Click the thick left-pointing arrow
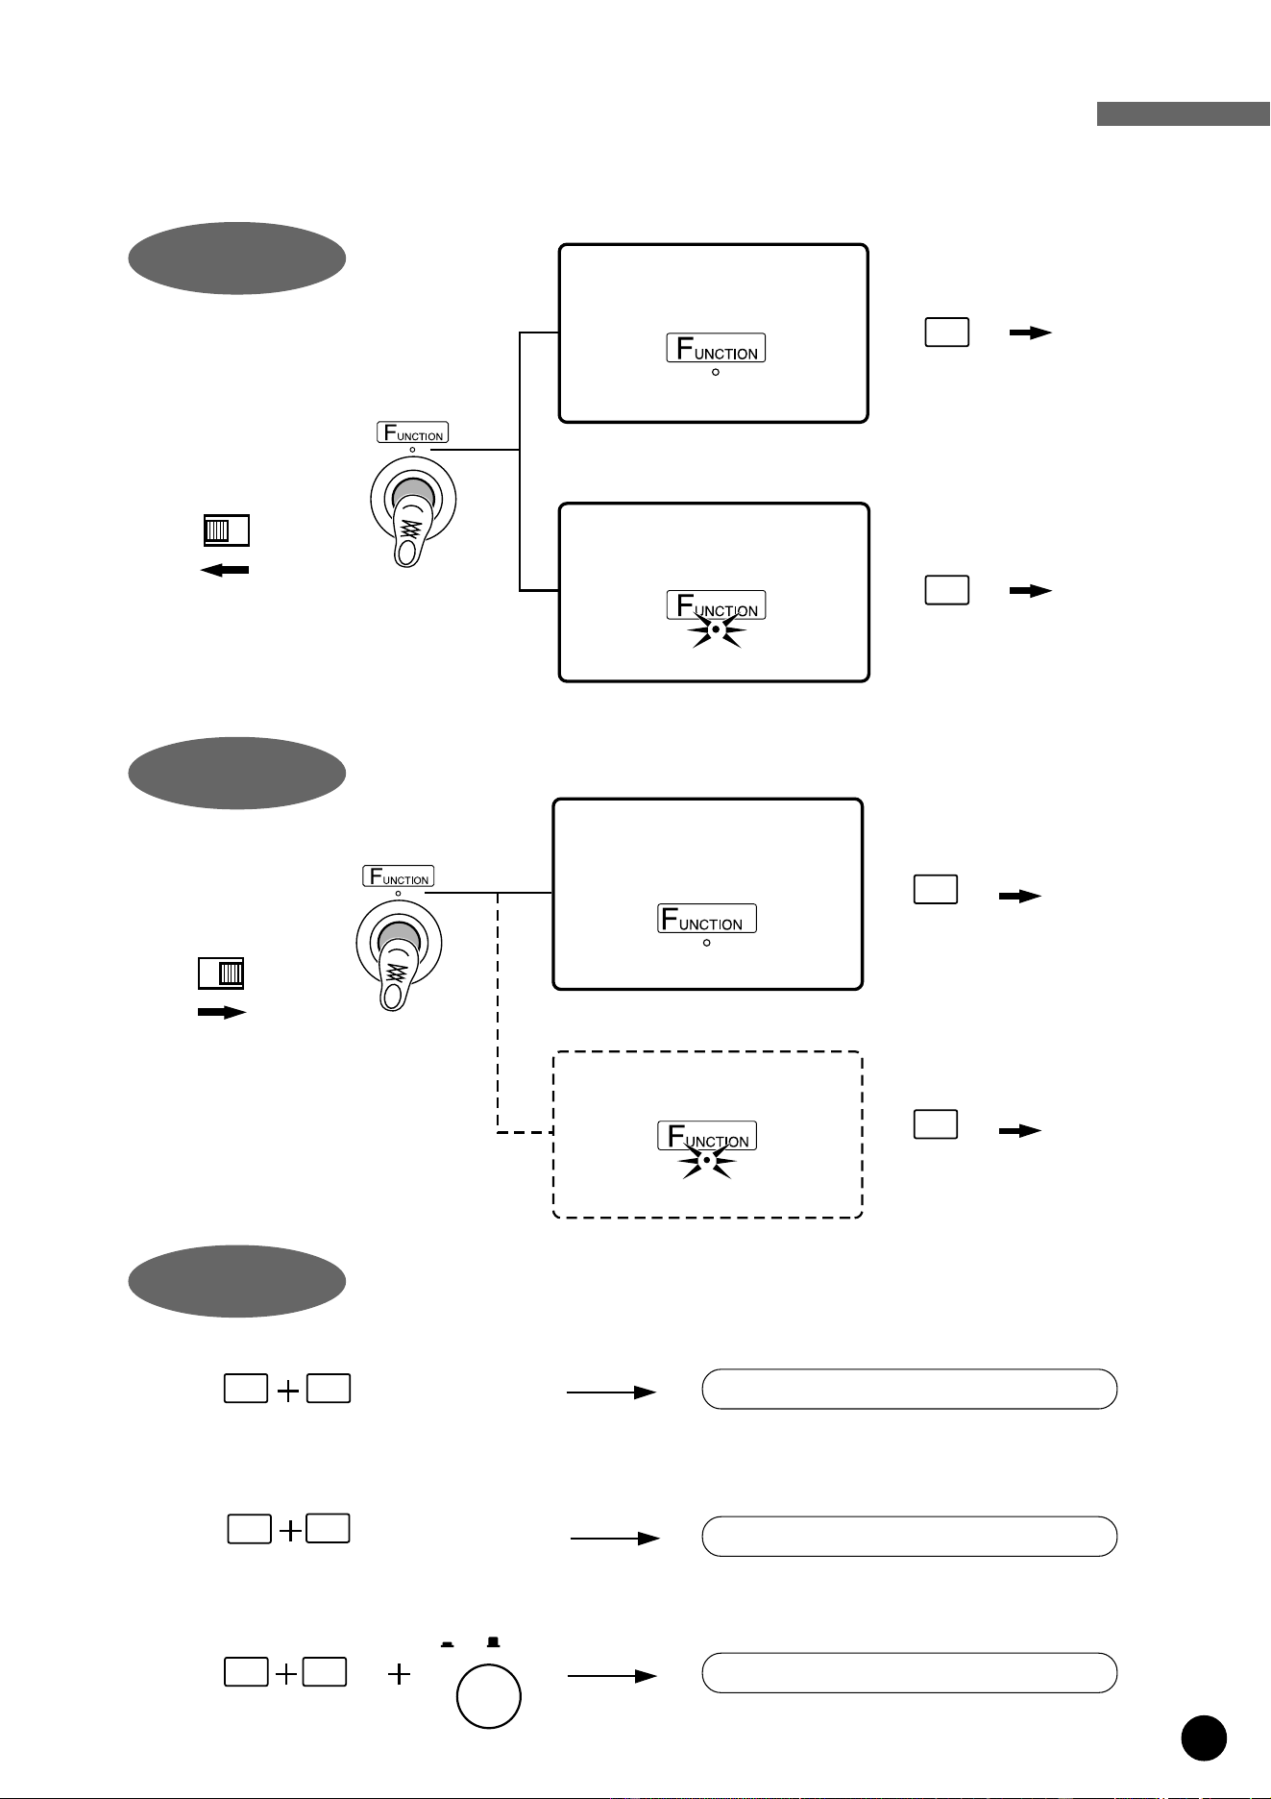(x=224, y=570)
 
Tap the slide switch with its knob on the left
(x=227, y=530)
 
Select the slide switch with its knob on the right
(x=221, y=973)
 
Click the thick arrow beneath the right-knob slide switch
(x=222, y=1012)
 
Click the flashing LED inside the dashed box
(x=707, y=1161)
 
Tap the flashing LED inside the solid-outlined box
(x=716, y=628)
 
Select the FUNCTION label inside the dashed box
(x=707, y=1136)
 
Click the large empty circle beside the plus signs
(x=489, y=1697)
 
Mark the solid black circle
(x=1204, y=1737)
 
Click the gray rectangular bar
(x=1184, y=113)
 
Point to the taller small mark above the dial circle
(x=494, y=1641)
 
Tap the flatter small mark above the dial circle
(x=447, y=1644)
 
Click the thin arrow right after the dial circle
(x=612, y=1676)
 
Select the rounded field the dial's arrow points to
(x=910, y=1673)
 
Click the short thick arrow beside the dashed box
(x=1020, y=1131)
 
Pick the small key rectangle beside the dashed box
(x=935, y=1124)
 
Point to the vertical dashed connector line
(x=498, y=1013)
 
